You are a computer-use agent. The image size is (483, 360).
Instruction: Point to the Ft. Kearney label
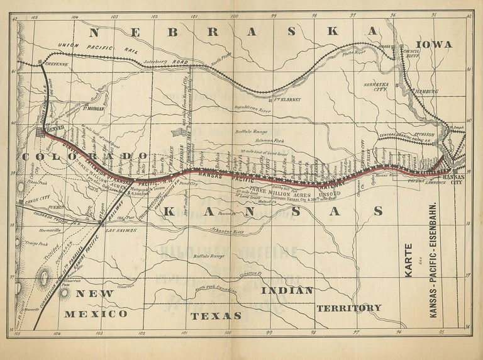pos(287,99)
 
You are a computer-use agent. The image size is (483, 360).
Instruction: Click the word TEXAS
pos(216,315)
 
